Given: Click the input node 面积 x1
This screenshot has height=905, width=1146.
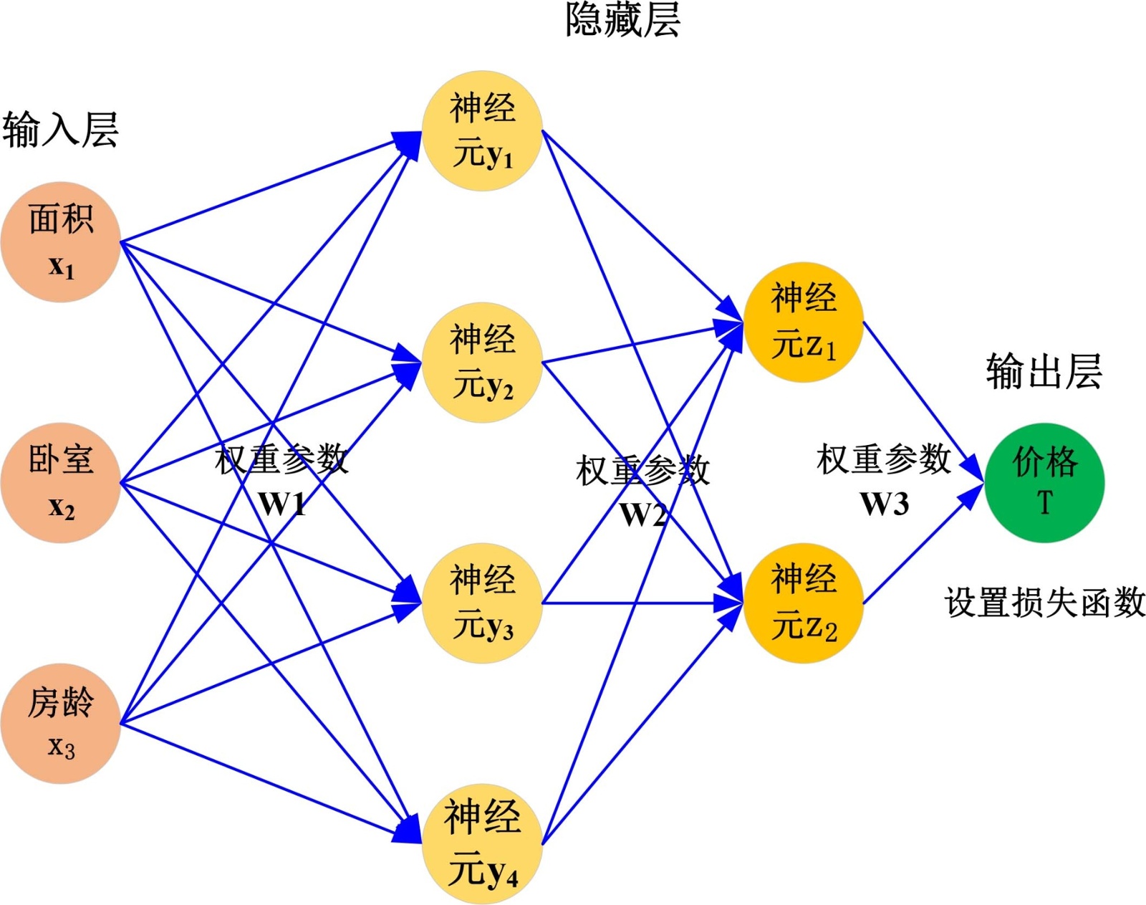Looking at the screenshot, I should pos(60,241).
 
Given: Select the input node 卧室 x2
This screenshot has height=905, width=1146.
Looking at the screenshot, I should pos(60,482).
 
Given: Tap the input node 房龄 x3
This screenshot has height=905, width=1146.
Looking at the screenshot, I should pos(60,723).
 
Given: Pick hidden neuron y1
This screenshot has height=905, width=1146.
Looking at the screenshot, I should pos(482,130).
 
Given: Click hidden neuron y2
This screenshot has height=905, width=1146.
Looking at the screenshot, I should pos(482,362).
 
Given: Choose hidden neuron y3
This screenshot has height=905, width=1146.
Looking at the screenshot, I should pos(482,603).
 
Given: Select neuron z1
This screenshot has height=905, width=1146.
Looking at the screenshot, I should pos(803,322).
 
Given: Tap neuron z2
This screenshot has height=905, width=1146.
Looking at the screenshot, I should pos(803,603).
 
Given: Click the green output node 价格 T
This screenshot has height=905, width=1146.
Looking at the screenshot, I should pos(1044,482).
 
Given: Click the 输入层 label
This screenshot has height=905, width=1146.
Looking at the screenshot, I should pos(60,130).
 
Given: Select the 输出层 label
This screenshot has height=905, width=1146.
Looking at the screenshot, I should pos(1044,371).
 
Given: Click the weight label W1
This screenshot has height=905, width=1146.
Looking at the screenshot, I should pos(282,503).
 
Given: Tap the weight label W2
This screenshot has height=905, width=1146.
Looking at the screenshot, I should pos(642,514).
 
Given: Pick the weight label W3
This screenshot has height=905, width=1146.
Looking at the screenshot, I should pos(884,503).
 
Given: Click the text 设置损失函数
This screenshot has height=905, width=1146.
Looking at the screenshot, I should pos(1044,602).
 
